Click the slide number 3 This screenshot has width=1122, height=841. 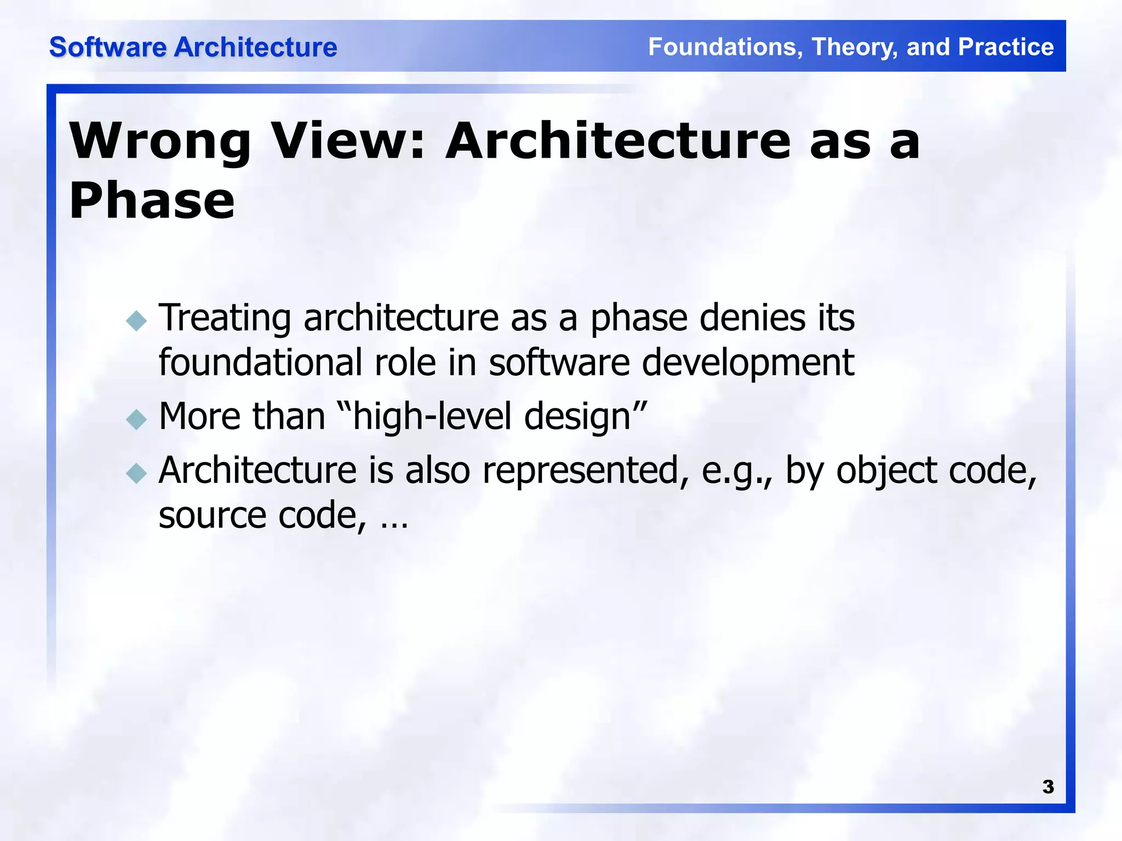click(1047, 787)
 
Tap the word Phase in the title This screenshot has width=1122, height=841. click(152, 201)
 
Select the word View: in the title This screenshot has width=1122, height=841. click(348, 141)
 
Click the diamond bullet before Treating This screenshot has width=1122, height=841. click(136, 321)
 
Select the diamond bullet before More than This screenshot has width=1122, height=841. click(136, 419)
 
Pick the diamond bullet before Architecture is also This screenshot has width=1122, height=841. click(136, 473)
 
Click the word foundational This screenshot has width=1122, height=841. click(260, 362)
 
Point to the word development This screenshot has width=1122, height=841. click(747, 364)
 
